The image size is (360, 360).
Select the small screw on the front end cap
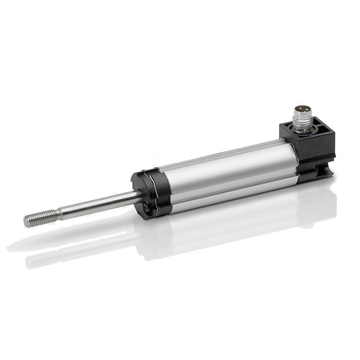146,208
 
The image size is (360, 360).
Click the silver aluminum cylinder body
222,174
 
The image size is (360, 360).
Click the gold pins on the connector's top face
302,109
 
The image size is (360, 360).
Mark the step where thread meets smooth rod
56,213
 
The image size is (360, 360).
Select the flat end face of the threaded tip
26,221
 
